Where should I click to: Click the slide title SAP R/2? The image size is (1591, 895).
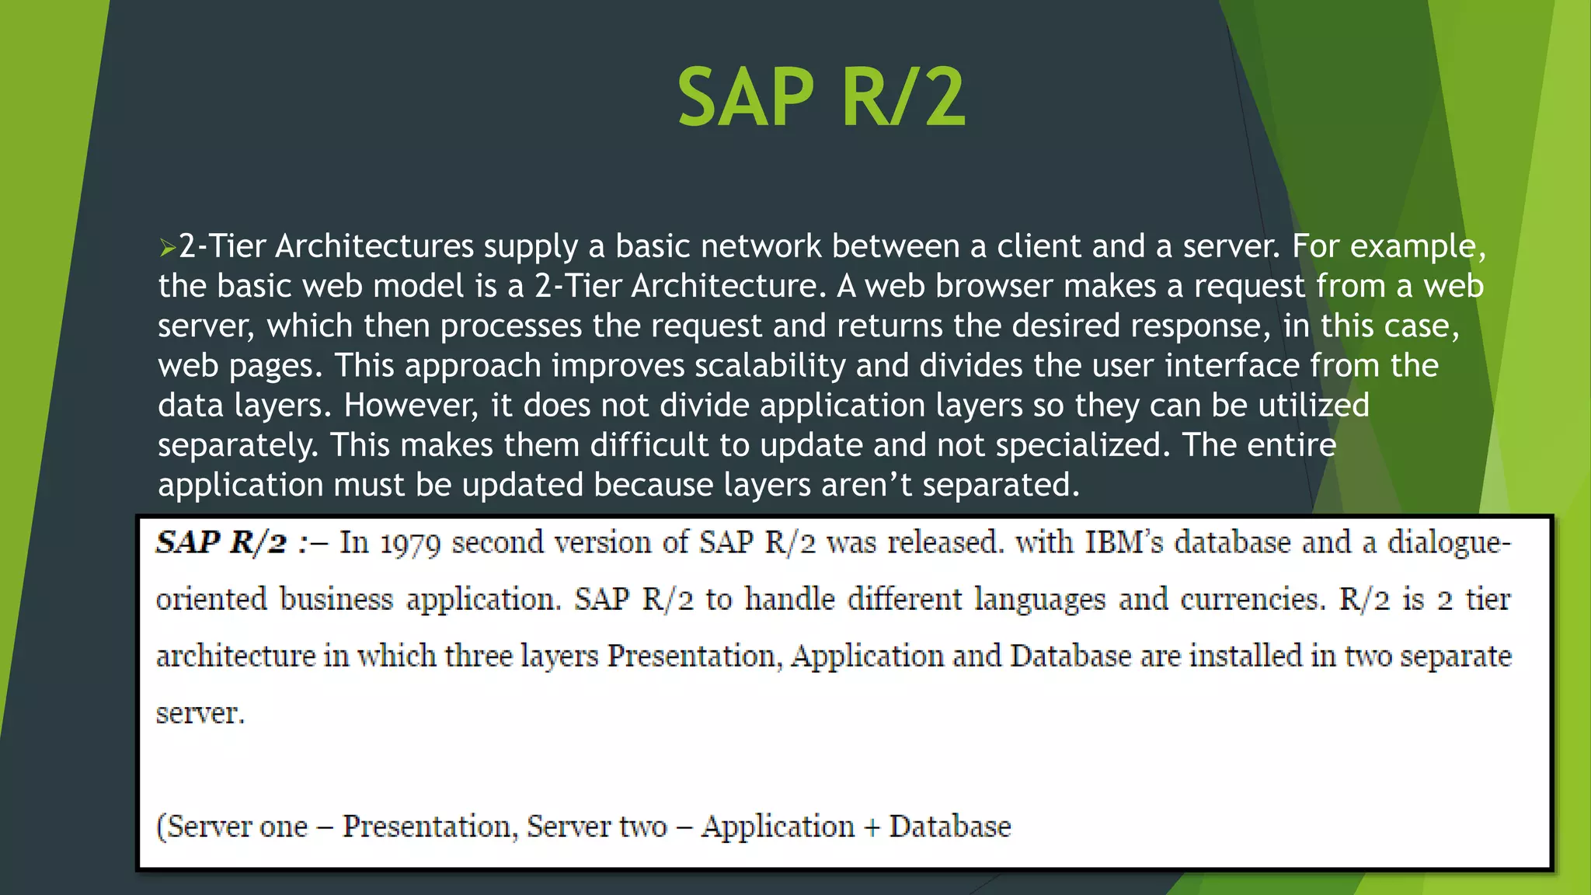[821, 98]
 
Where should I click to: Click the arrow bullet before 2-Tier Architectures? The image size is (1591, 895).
[167, 249]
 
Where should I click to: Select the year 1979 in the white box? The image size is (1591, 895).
[410, 543]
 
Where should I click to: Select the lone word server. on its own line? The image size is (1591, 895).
[200, 713]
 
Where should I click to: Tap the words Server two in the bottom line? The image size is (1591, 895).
[597, 827]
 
